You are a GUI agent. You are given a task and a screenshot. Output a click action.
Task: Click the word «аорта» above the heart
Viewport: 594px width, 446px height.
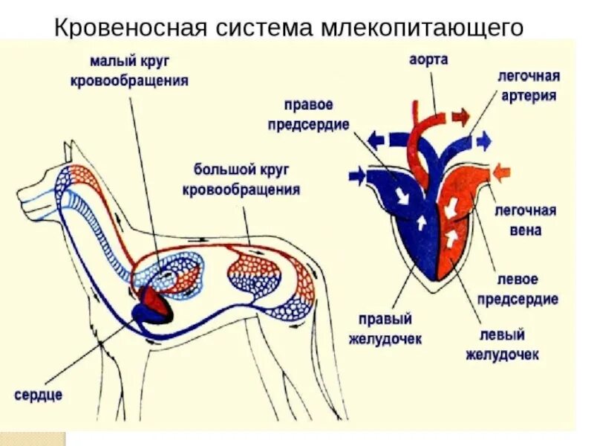coord(428,59)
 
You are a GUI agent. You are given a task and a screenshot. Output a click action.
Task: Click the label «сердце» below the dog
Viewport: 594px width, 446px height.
coord(38,395)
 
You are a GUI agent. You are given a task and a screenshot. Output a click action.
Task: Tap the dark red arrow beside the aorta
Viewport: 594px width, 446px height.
coord(460,115)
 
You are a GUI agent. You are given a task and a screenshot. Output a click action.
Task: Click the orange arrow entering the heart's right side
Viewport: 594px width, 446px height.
coord(503,172)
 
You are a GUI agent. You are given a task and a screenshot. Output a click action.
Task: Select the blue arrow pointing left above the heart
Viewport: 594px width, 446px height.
coord(377,139)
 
